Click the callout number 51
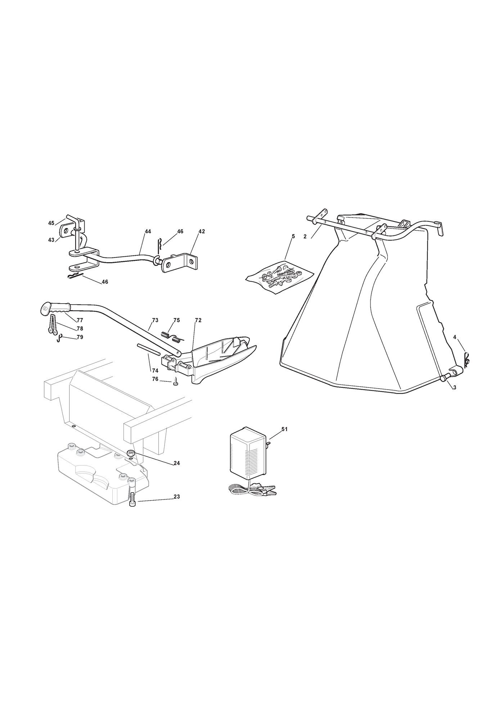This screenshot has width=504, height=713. pos(284,429)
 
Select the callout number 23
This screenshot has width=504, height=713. pos(176,497)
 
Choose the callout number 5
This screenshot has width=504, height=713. pos(293,236)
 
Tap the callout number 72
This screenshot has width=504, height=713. pos(198,320)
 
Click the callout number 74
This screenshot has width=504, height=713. pos(155,371)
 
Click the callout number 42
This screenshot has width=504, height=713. pos(202,232)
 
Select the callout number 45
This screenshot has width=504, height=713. pos(51,223)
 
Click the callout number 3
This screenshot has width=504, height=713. pos(455,387)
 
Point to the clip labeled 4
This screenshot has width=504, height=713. pos(465,359)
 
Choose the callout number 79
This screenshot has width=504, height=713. pos(80,337)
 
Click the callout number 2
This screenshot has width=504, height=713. pos(305,237)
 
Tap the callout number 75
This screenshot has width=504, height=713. pos(176,320)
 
